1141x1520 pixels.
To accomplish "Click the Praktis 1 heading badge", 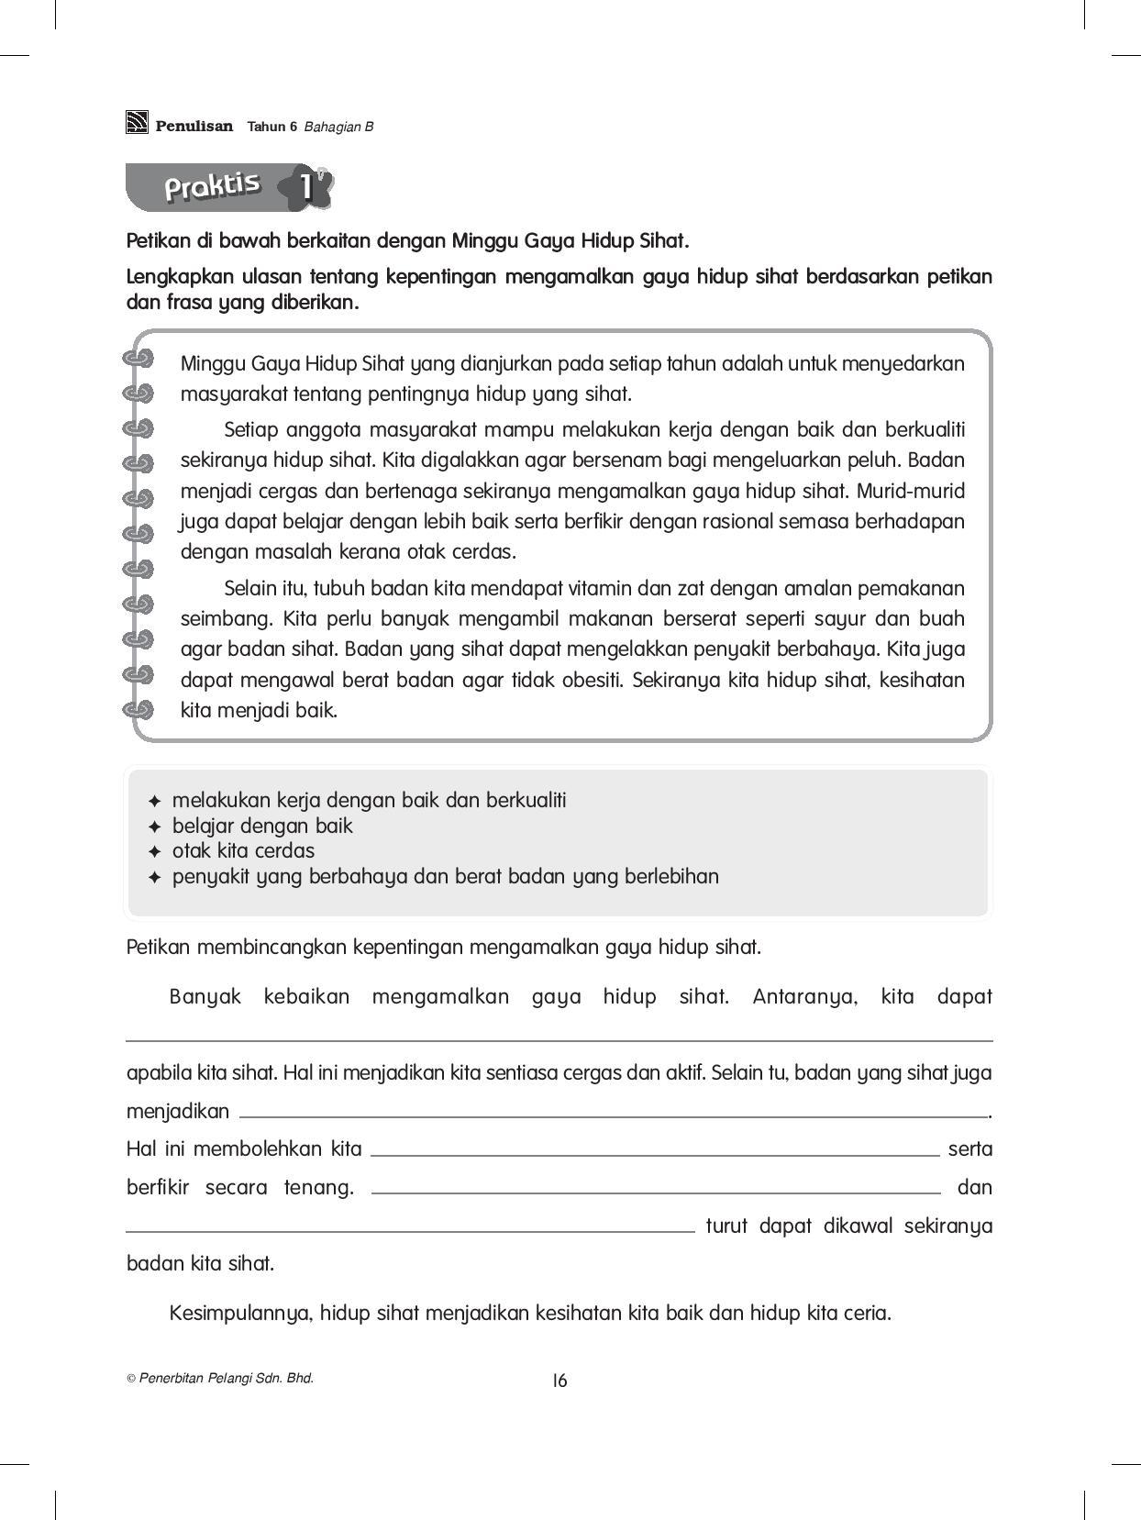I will [229, 187].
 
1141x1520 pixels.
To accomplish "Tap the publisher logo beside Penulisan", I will [137, 122].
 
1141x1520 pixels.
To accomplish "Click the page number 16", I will [559, 1380].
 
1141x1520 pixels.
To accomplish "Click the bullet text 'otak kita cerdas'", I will [243, 850].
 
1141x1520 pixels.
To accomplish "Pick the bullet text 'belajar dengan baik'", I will [262, 826].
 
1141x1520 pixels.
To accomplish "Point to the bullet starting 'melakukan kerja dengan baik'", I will [369, 800].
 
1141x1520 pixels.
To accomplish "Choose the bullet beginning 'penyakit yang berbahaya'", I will [445, 876].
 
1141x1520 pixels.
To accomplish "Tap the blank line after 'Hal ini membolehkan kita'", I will [654, 1152].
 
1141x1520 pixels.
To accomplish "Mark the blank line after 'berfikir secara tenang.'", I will [656, 1191].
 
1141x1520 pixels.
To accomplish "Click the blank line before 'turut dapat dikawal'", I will [410, 1229].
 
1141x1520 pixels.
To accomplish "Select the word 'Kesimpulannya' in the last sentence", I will [241, 1313].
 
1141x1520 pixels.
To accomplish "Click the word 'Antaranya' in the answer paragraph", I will [804, 997].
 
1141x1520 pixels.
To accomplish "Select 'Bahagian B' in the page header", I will [338, 128].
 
